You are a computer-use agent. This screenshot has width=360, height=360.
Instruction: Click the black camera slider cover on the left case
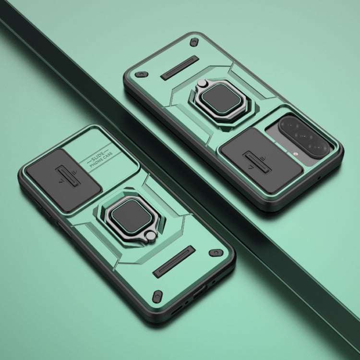(x=63, y=180)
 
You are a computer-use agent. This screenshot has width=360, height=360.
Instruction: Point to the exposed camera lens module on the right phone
(x=304, y=137)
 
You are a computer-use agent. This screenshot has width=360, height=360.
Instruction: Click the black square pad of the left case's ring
(x=132, y=216)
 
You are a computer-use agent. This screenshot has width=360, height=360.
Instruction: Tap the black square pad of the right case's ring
(x=222, y=98)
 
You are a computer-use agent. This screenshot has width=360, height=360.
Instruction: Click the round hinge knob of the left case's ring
(x=151, y=236)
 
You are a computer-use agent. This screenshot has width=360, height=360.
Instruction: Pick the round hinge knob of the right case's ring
(x=202, y=83)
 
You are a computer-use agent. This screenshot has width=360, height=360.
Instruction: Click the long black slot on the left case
(x=174, y=262)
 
